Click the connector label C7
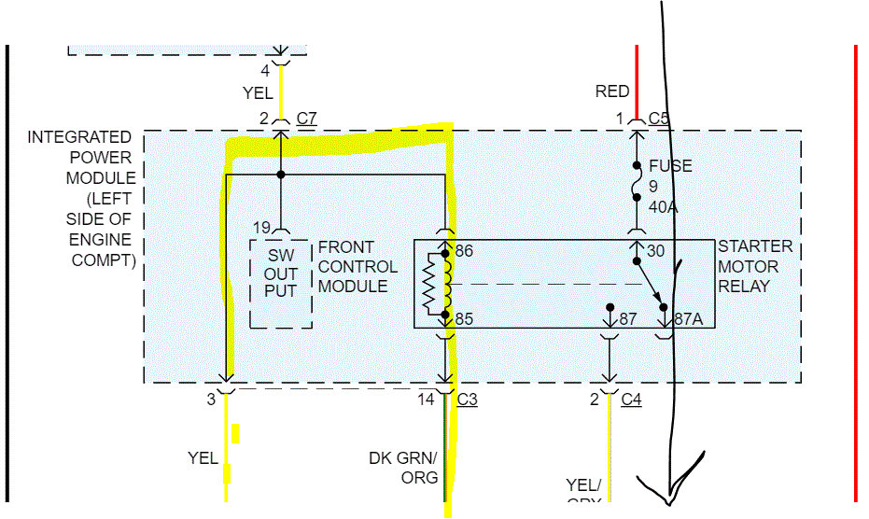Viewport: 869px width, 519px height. pos(306,119)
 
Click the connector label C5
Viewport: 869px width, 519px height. pos(659,119)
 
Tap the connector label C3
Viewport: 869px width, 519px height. pos(468,400)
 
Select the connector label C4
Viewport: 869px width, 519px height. pos(632,400)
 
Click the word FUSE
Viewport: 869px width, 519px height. pos(670,166)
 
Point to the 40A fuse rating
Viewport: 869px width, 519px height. pos(664,206)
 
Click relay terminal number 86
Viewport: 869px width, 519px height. pos(464,252)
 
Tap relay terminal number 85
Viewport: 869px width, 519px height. pos(464,319)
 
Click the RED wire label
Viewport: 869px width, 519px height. pos(612,91)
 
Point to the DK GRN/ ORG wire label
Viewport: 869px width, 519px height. pos(403,468)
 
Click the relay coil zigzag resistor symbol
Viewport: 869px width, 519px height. pos(430,285)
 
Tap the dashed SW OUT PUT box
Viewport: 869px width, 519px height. pos(280,282)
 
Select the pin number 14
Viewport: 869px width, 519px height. pos(426,400)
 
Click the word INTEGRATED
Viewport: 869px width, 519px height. pos(79,137)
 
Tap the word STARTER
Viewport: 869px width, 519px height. pos(755,246)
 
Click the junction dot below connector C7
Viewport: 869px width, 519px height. pos(281,175)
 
